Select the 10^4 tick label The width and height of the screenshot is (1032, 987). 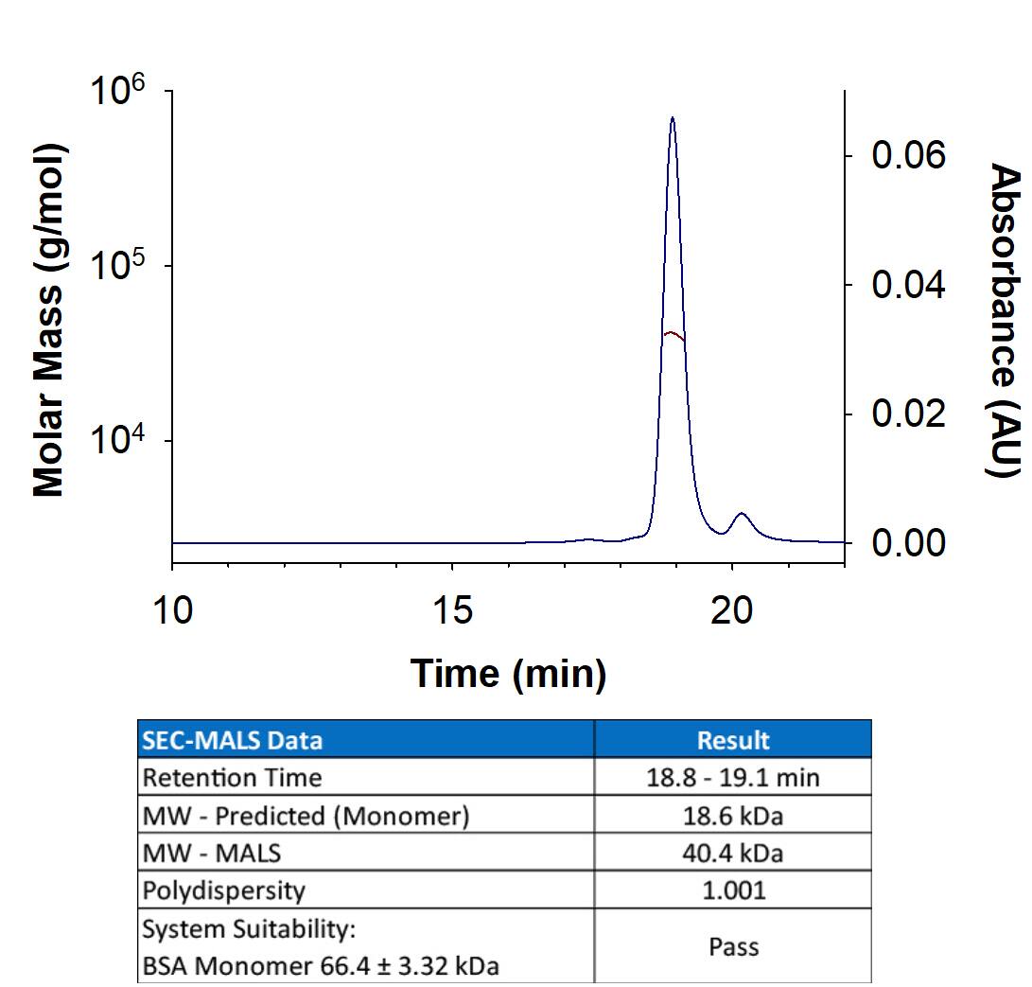[x=118, y=446]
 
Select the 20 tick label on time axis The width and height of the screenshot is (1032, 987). [x=731, y=611]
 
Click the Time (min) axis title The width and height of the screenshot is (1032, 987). [x=508, y=674]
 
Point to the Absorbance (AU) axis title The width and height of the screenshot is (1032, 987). [x=1005, y=321]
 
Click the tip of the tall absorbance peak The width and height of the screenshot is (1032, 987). [x=672, y=118]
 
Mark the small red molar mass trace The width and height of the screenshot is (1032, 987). [x=672, y=334]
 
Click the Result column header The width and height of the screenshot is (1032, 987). [x=733, y=740]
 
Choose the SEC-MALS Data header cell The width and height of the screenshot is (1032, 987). [x=232, y=740]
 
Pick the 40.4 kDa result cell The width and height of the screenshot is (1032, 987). [x=733, y=853]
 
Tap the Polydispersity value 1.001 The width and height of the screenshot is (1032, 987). [x=733, y=890]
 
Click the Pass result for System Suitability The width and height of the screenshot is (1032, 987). [x=733, y=946]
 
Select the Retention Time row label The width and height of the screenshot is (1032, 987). [x=232, y=778]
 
